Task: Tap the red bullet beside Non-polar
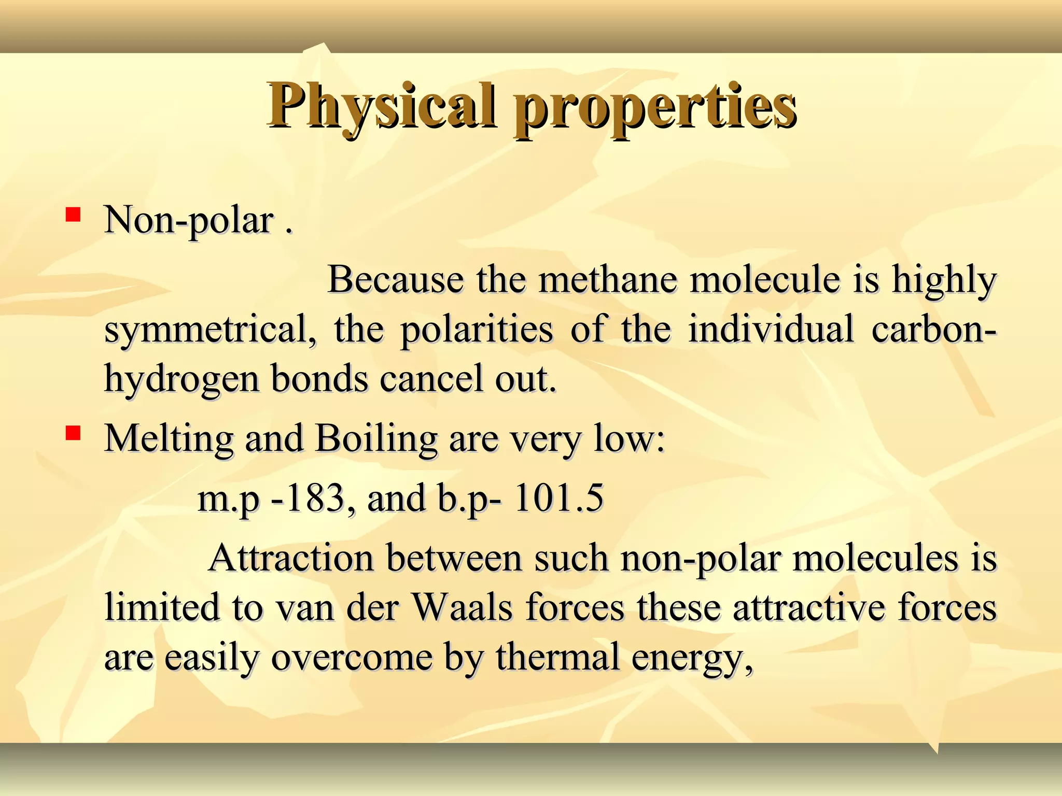(73, 214)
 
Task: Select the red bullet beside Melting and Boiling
(73, 433)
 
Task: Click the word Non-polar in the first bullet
(189, 221)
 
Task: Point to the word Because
(395, 280)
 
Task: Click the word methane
(608, 280)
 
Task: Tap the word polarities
(477, 330)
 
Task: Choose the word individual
(771, 329)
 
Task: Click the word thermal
(557, 657)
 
